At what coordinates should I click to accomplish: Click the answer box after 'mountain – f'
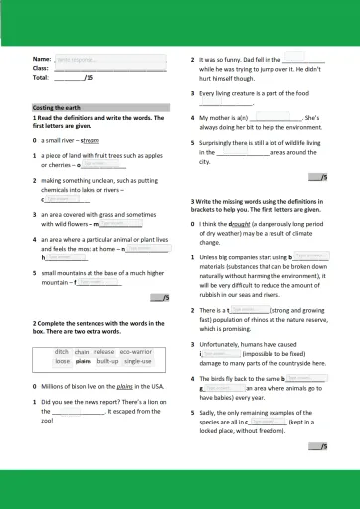click(x=91, y=282)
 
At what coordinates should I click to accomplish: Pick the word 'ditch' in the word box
click(x=62, y=352)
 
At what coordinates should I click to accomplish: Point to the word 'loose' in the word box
click(x=63, y=362)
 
